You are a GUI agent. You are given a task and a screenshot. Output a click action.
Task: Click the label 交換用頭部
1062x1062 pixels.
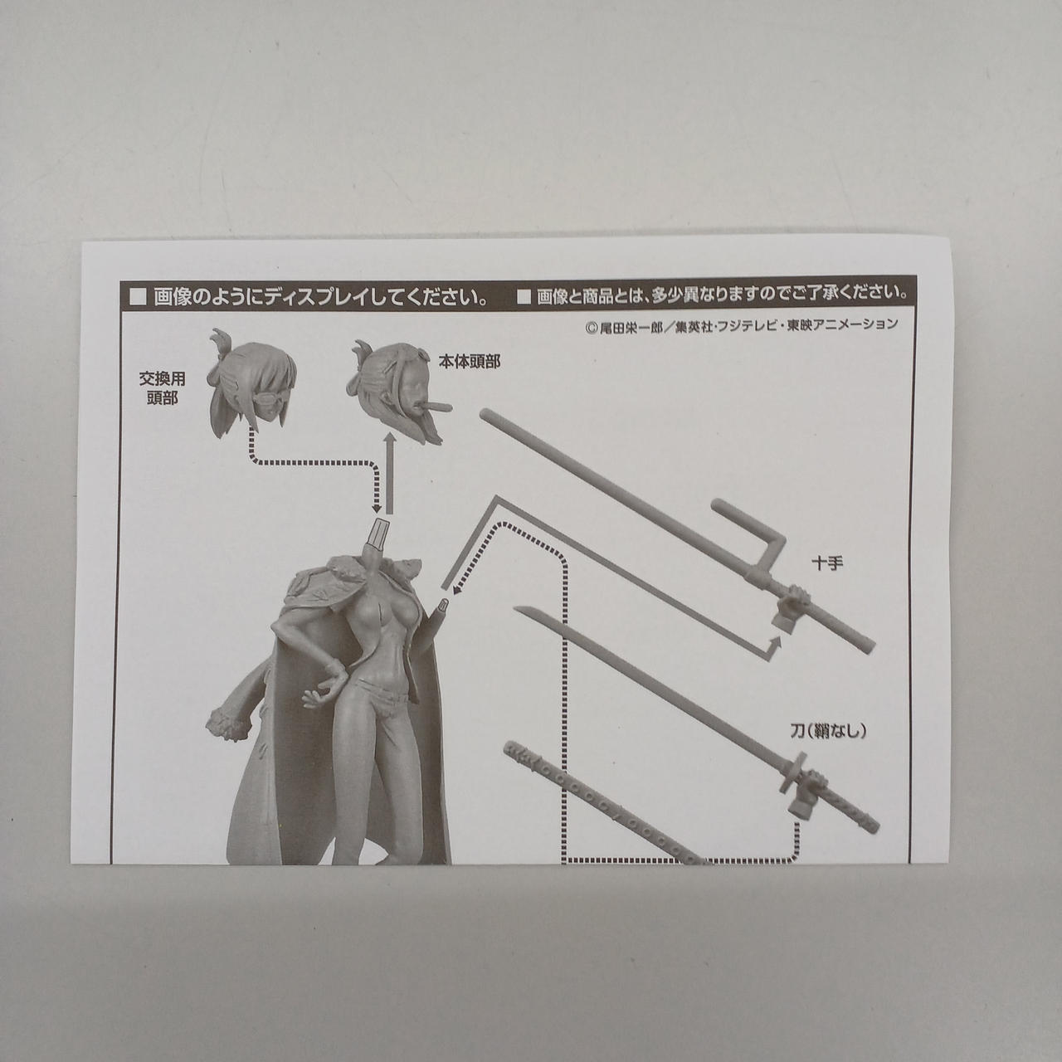tap(162, 388)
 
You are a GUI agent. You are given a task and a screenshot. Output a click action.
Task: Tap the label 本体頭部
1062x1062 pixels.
tap(470, 362)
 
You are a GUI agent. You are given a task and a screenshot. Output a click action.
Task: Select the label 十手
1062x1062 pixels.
tap(828, 564)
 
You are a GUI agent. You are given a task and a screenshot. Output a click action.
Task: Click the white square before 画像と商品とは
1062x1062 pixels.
tap(524, 298)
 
